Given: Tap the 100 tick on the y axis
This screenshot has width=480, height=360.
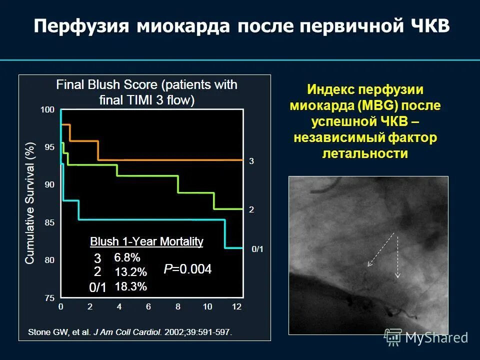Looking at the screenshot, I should [x=47, y=109].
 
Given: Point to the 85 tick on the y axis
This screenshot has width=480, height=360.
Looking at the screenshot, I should [x=48, y=222].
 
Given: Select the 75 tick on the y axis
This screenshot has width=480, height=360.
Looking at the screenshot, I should [x=48, y=298].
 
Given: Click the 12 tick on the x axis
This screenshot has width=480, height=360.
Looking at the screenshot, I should [x=237, y=306].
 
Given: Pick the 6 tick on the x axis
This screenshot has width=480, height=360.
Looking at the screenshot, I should [x=148, y=306].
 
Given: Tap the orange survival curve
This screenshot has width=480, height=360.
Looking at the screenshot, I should [x=170, y=159].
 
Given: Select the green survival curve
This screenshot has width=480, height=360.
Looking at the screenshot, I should [x=150, y=175].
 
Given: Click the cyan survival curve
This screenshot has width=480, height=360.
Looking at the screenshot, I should [x=150, y=219].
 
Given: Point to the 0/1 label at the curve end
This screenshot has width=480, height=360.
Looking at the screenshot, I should [x=257, y=248].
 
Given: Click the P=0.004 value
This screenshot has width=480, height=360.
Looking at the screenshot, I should [x=187, y=269].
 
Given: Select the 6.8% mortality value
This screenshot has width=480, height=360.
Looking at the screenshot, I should [x=127, y=258].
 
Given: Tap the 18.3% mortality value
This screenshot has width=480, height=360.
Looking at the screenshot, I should [x=130, y=287].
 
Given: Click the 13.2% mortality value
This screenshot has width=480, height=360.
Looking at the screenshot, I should [x=130, y=272].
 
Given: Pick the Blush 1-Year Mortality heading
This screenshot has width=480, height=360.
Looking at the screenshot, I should [x=146, y=242].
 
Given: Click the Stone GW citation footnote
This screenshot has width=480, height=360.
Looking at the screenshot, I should [x=130, y=332].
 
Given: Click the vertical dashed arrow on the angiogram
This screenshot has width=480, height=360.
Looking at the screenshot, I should [x=398, y=255].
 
